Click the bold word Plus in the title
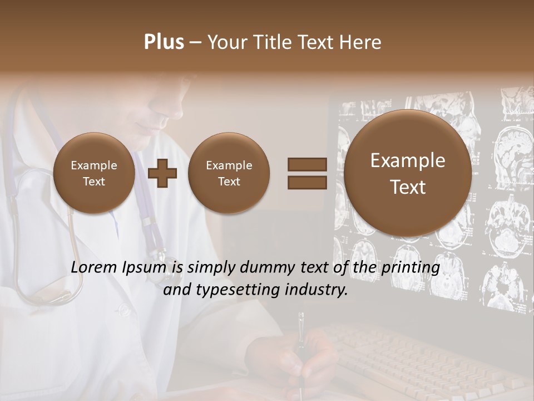click(x=164, y=42)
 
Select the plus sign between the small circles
click(x=162, y=173)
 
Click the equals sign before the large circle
click(x=306, y=173)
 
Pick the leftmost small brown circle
click(x=94, y=173)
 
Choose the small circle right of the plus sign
click(x=229, y=173)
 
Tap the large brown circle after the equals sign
click(x=408, y=173)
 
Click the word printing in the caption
click(x=412, y=268)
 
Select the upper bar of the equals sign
click(x=306, y=165)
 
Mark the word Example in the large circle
click(x=408, y=160)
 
